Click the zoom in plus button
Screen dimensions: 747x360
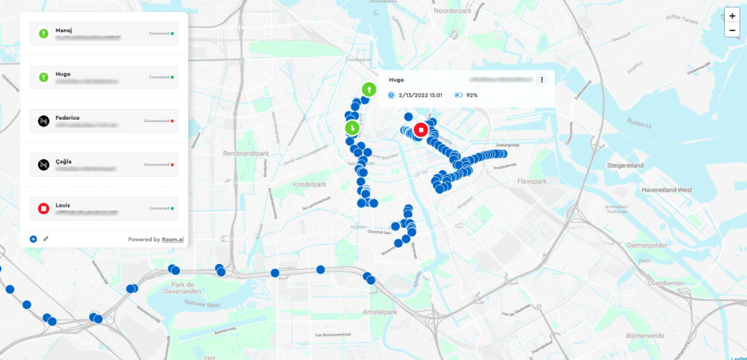tap(733, 15)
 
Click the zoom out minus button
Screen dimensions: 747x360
tap(733, 31)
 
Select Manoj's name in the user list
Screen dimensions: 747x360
tap(65, 29)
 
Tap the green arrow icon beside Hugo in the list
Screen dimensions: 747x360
tap(43, 77)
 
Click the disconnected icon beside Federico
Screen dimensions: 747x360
tap(43, 121)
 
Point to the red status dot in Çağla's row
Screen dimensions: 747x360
tap(173, 165)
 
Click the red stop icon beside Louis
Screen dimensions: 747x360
tap(43, 208)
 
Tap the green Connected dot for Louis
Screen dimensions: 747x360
tap(173, 208)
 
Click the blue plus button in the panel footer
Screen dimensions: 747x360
tap(34, 239)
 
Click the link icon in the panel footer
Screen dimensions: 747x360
tap(46, 239)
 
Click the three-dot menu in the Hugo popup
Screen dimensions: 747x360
tap(542, 80)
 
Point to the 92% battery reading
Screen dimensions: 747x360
tap(472, 95)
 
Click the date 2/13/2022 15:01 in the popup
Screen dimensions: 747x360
tap(420, 95)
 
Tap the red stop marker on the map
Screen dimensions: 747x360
tap(420, 129)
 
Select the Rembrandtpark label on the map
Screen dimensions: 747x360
tap(244, 153)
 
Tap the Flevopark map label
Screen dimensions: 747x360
tap(531, 182)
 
